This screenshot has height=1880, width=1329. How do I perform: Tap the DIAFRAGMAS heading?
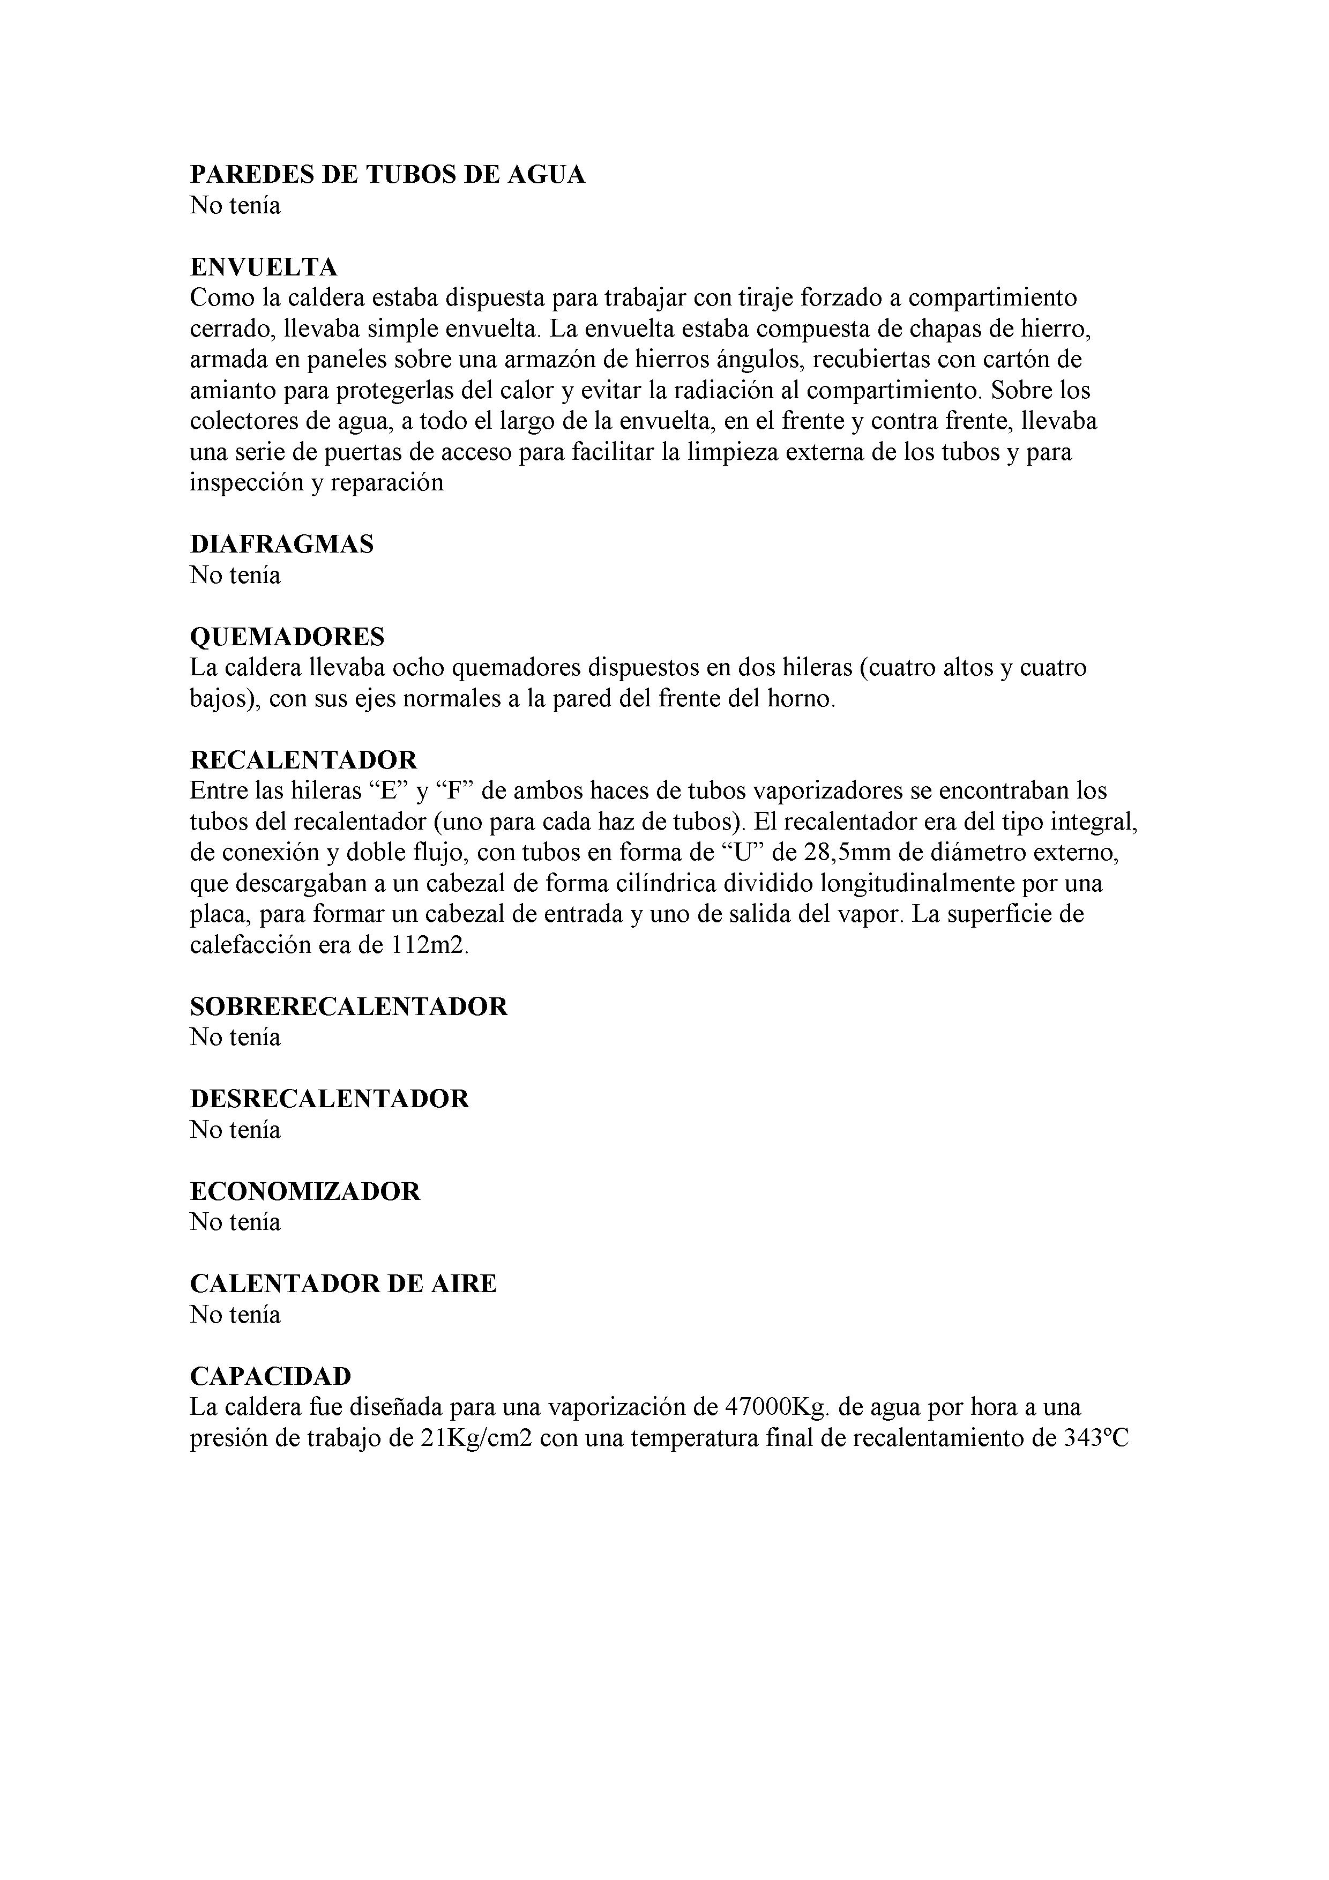(282, 544)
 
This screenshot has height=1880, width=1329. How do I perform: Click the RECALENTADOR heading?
(303, 760)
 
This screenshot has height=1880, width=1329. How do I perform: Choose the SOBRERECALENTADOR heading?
(349, 1006)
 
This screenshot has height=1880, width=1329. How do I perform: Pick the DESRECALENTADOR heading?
(329, 1099)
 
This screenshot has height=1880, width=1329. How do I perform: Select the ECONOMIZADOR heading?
(304, 1191)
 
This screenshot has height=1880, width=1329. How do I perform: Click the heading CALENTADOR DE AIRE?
(343, 1283)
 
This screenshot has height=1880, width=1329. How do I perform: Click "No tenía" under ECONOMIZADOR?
(235, 1222)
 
